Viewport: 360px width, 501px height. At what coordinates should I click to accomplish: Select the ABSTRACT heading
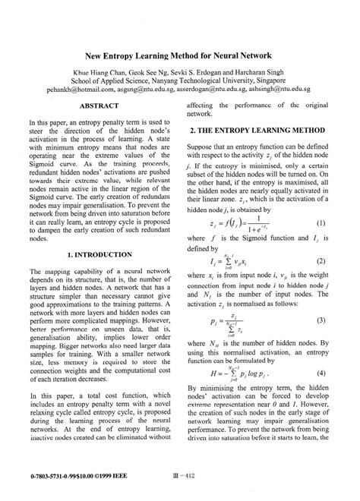(99, 107)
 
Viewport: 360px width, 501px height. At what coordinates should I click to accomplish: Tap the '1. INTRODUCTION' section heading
(99, 254)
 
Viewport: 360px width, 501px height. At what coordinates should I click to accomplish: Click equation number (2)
(322, 260)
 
